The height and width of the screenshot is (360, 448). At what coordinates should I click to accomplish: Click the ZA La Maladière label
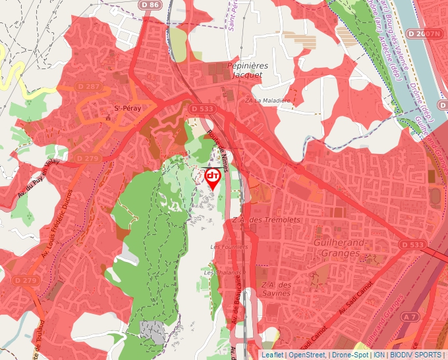[x=267, y=101]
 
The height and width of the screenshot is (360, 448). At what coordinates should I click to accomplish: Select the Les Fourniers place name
[x=229, y=246]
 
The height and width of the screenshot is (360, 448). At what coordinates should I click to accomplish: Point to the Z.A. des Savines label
[x=276, y=288]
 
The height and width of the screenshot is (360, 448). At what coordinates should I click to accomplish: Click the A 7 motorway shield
[x=410, y=317]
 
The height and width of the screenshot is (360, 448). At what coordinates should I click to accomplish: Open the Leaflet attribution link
[x=271, y=355]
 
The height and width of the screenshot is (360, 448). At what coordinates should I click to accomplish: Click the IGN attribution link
[x=379, y=355]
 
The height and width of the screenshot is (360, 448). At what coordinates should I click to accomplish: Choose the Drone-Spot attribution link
[x=350, y=355]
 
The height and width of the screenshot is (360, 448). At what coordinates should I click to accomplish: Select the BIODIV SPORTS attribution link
[x=416, y=355]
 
